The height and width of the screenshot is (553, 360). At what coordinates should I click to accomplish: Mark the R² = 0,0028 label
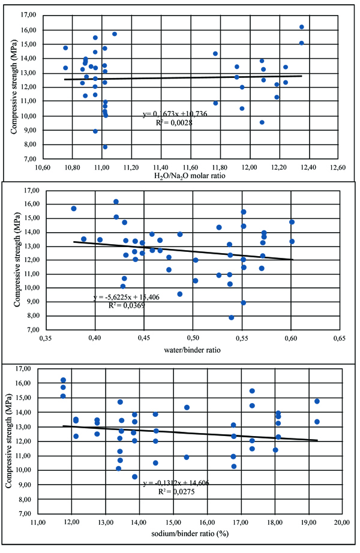[x=170, y=122]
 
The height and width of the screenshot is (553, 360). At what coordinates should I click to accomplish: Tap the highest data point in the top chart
[x=301, y=27]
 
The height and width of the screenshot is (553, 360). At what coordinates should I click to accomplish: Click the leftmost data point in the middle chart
[x=74, y=209]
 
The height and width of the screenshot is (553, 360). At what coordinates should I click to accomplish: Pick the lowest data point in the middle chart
[x=231, y=317]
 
